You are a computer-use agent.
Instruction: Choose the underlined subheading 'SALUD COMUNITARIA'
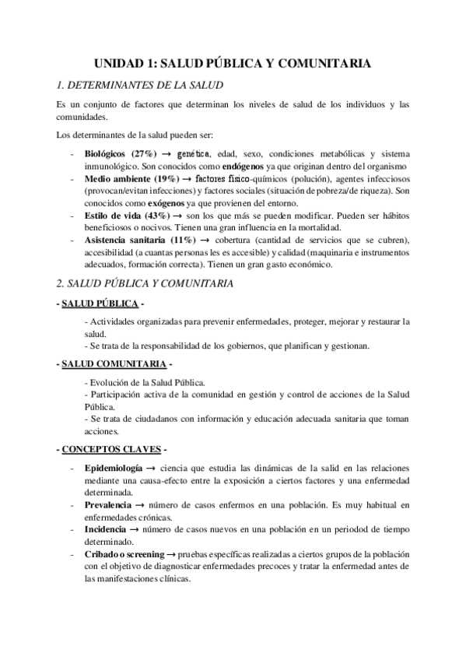[x=116, y=363]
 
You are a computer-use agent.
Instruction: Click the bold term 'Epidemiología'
[x=113, y=469]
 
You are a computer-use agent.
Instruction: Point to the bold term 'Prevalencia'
[x=107, y=505]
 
